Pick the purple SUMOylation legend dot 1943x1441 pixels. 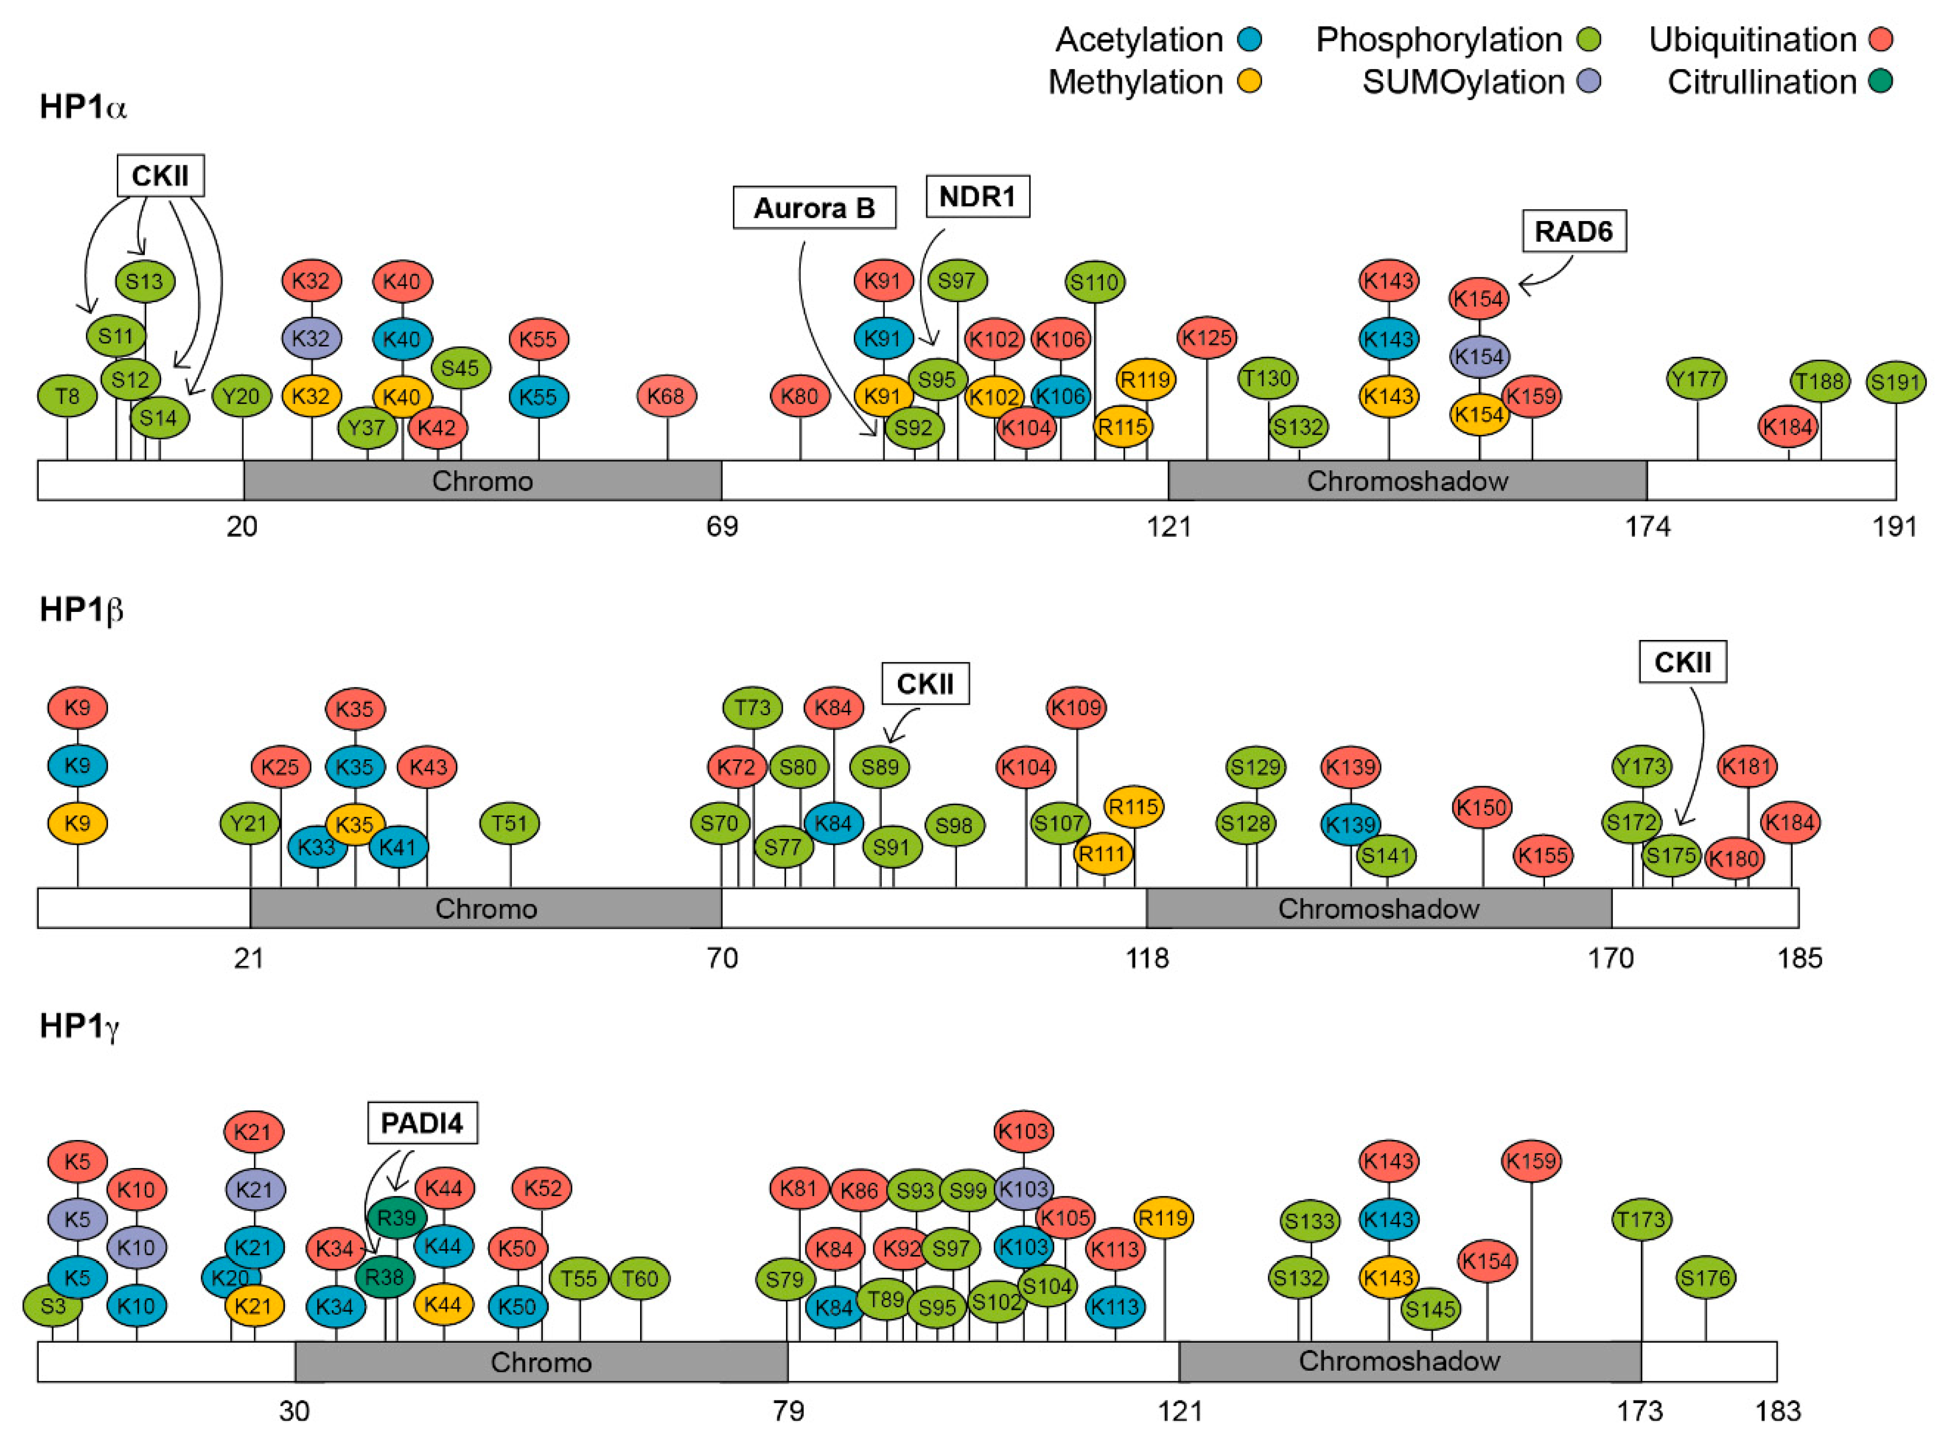1589,82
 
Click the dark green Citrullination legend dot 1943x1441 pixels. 1880,82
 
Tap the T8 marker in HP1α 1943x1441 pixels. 67,397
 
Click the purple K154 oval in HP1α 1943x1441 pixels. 1478,356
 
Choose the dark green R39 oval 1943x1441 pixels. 397,1217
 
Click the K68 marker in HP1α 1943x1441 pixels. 667,396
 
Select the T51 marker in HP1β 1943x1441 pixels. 509,823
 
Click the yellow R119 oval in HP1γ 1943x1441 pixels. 1164,1217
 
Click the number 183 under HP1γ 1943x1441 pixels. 1776,1411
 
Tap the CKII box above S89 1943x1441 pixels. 925,683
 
